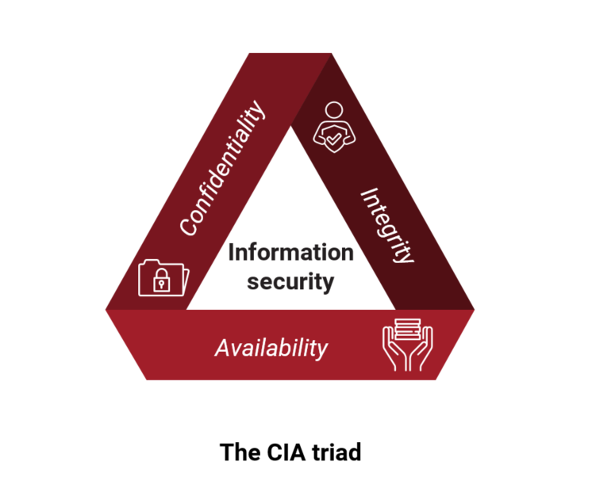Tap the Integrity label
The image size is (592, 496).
[x=387, y=225]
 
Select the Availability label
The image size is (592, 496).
[x=271, y=347]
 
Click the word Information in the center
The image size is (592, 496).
[x=290, y=253]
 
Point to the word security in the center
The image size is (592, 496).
[x=290, y=280]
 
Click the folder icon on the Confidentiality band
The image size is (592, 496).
[x=163, y=277]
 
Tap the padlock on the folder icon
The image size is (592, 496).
[x=162, y=280]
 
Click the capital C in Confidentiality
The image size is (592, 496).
[x=187, y=227]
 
